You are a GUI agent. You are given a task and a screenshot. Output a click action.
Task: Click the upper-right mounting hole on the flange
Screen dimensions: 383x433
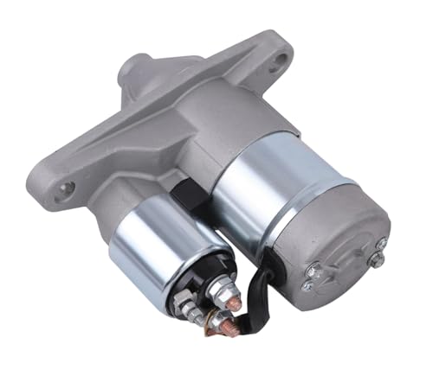click(280, 61)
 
